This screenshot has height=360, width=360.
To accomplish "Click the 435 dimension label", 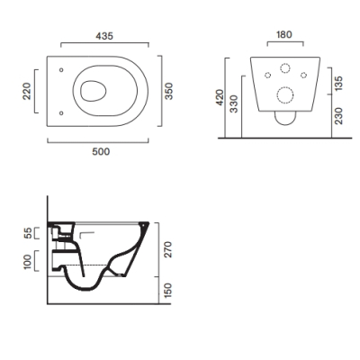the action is click(104, 36).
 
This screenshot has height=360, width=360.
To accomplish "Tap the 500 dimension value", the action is click(101, 152).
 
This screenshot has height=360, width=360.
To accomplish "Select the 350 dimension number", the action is click(169, 91).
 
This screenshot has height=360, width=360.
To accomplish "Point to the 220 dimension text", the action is click(27, 91).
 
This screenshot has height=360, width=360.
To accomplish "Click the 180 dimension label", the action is click(283, 35).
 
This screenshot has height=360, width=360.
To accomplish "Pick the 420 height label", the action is click(220, 97).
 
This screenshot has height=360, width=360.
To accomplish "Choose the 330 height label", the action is click(234, 103).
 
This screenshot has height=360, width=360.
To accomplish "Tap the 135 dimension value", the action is click(338, 84).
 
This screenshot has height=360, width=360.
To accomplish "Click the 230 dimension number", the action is click(338, 116).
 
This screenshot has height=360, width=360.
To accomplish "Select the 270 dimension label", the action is click(167, 249).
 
